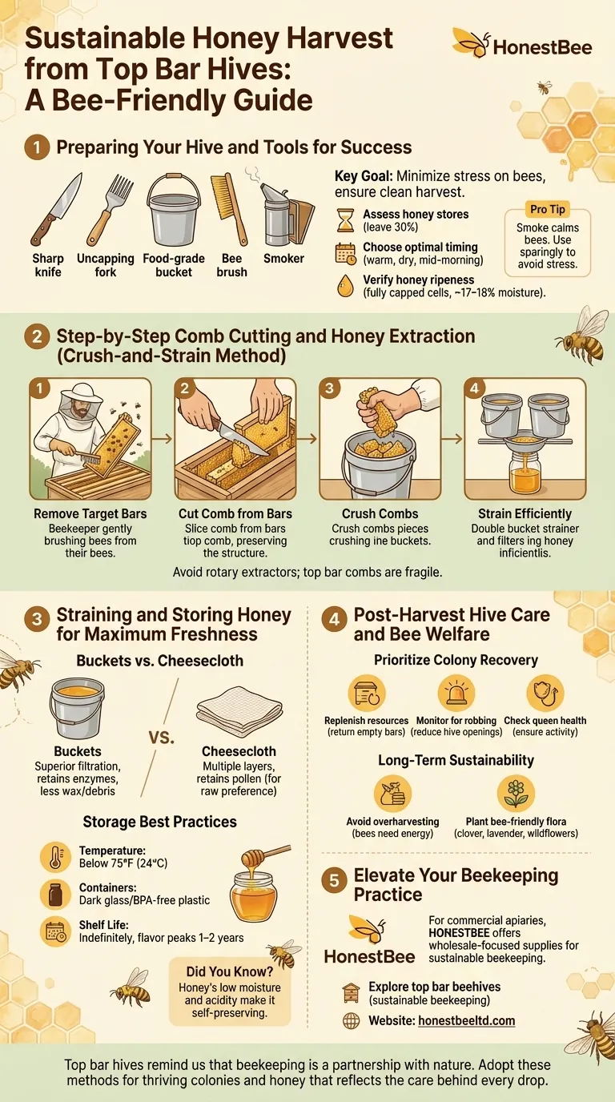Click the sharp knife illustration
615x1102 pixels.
(55, 209)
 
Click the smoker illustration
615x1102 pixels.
(283, 212)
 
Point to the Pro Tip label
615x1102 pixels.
(548, 209)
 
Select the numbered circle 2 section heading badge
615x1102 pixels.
(37, 336)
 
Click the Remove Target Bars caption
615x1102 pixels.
(90, 513)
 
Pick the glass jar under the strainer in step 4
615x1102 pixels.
(525, 473)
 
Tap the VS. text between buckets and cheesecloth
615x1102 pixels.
(161, 737)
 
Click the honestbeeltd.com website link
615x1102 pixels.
(466, 1020)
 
